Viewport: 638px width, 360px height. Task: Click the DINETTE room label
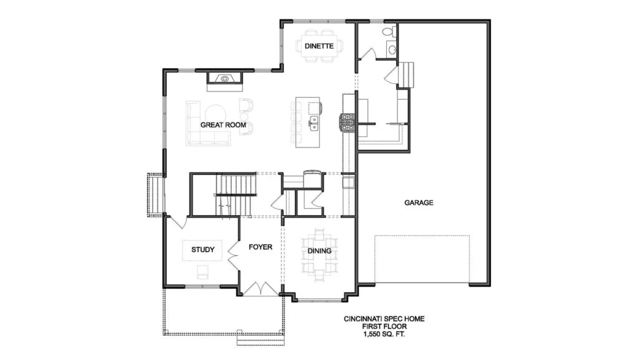coord(319,46)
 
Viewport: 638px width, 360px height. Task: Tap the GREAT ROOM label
coord(223,125)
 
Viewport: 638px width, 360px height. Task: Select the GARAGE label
coord(419,202)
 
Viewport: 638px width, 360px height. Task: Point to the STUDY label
coord(202,249)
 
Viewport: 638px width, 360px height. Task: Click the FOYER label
coord(260,247)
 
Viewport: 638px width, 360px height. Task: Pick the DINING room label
coord(319,251)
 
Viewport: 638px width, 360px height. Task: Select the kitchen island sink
coord(314,123)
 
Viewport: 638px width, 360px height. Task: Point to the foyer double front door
coord(260,288)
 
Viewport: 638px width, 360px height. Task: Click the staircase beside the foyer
coord(236,195)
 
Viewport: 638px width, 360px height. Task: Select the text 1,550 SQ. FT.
coord(384,334)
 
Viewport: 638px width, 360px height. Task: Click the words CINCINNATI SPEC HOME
coord(384,319)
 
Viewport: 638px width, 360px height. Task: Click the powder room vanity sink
coord(393,50)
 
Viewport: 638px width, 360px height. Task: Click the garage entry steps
coord(406,75)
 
